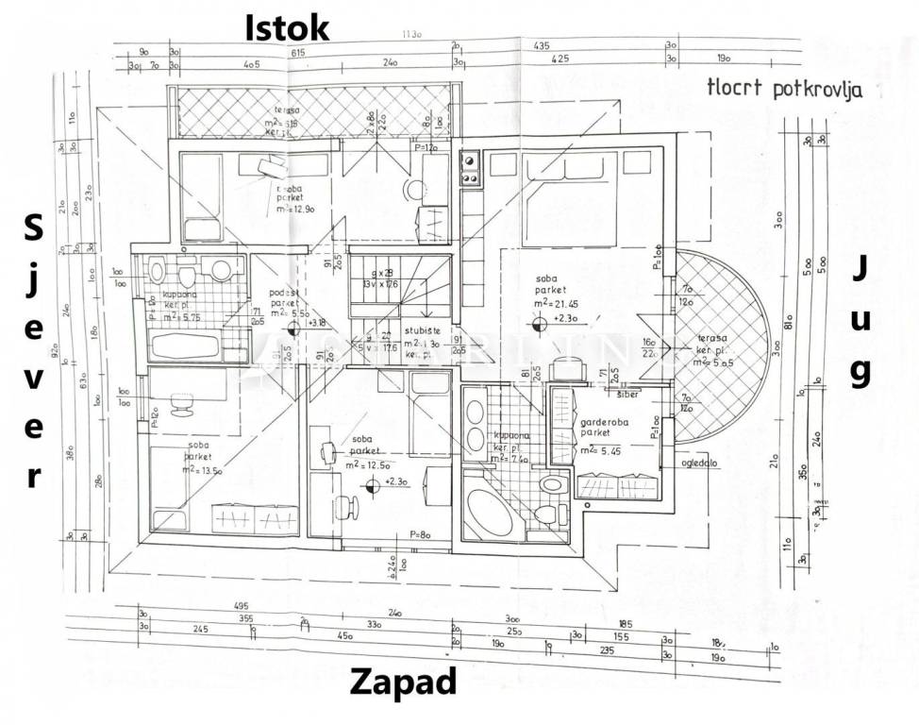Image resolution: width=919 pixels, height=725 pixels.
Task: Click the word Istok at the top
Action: tap(288, 27)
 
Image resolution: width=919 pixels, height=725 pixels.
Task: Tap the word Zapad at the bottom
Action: tap(403, 681)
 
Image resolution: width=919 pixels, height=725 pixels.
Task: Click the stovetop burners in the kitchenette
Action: tap(470, 169)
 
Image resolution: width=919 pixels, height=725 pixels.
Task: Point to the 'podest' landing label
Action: tap(281, 294)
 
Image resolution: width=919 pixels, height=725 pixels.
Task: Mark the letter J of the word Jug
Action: tap(860, 268)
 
